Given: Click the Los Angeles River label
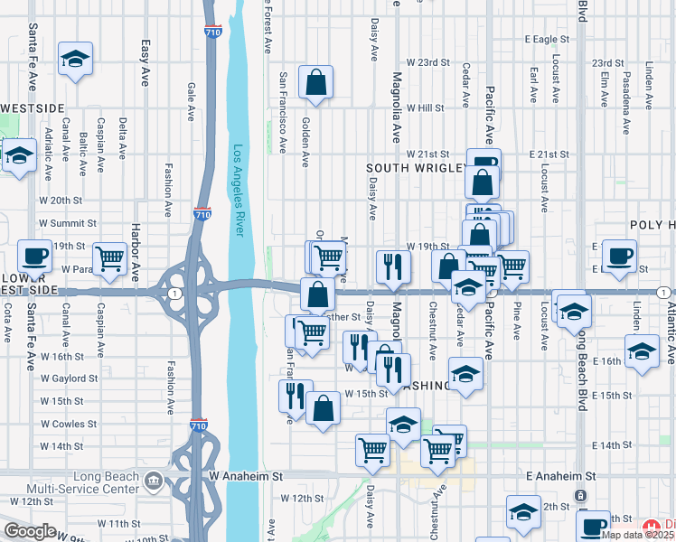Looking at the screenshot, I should tap(239, 191).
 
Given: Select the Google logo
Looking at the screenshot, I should tap(30, 531).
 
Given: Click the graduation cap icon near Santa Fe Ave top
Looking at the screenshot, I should tap(75, 60).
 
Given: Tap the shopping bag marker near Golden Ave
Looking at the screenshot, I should tap(316, 83).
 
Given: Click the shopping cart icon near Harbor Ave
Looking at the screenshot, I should tap(110, 258).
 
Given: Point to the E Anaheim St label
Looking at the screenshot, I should tap(560, 475).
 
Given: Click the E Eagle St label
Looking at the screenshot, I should tap(548, 40).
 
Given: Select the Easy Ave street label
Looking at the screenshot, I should tap(145, 62).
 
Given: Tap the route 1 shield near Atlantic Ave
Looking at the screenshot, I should tap(664, 292).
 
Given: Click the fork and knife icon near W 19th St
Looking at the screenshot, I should tap(392, 265).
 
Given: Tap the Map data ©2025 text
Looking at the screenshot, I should tap(636, 535).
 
